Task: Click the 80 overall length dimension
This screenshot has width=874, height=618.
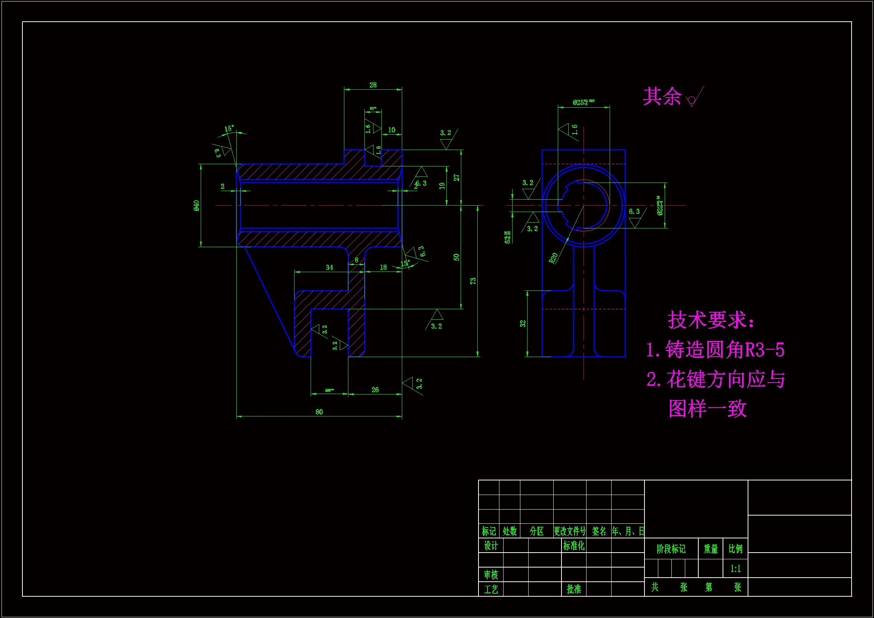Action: (319, 412)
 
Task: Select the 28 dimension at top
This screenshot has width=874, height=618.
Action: (373, 85)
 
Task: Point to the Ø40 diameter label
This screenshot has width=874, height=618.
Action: (196, 206)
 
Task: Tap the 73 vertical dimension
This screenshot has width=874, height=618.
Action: (473, 281)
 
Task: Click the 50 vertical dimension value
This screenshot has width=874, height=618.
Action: (456, 257)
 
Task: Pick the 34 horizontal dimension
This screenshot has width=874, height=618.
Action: (329, 267)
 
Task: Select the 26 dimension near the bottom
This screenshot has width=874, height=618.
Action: (375, 390)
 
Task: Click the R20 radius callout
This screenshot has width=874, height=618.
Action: (554, 258)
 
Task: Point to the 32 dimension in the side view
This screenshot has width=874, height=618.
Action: (523, 324)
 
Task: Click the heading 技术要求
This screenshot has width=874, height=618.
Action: (710, 320)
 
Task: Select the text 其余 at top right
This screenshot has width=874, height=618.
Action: (662, 96)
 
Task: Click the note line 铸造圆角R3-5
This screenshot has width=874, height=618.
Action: (715, 350)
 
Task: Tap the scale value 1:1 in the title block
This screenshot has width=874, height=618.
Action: (735, 569)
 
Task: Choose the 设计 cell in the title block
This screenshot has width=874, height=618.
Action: (491, 546)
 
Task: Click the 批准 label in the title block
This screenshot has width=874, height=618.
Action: (574, 589)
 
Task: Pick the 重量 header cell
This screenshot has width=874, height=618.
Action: (710, 549)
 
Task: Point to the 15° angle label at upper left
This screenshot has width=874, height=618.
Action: (229, 129)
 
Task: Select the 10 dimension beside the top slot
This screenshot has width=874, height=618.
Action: (391, 130)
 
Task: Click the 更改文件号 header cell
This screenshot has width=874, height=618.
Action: (569, 531)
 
